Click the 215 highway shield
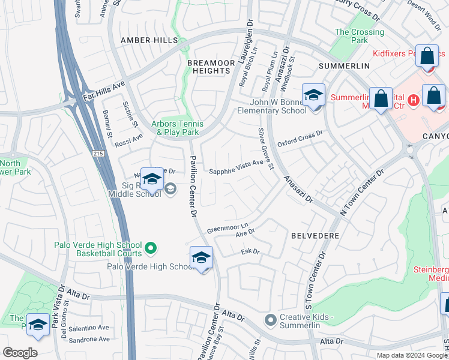point(98,154)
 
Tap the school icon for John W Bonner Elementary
point(313,96)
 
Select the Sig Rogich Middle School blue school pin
point(152,180)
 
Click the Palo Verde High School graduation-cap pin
point(201,259)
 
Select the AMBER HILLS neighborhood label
point(149,40)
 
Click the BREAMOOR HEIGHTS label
point(208,67)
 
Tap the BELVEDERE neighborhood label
point(315,236)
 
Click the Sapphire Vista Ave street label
point(236,167)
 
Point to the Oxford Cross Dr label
point(300,139)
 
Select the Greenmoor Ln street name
point(228,228)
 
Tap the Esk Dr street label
point(250,251)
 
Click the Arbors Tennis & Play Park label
point(175,128)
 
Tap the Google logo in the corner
point(20,353)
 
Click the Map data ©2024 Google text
point(412,355)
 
